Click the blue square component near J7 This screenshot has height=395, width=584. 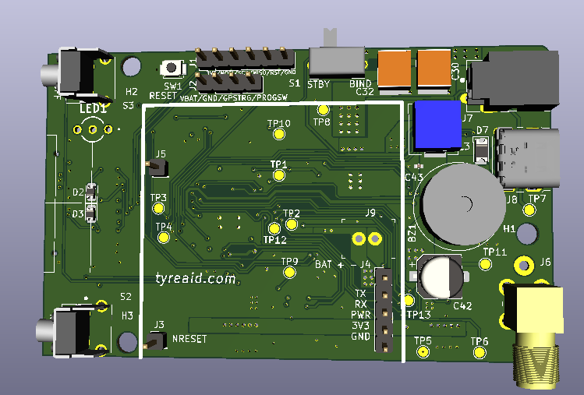(437, 125)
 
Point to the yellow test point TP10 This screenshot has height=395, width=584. (279, 134)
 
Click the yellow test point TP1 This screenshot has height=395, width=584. (279, 176)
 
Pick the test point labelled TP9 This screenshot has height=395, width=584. (289, 273)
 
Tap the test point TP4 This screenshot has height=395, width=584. (164, 238)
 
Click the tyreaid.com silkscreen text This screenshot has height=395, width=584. (195, 278)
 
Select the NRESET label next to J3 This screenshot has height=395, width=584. (189, 339)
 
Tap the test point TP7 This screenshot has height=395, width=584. (536, 210)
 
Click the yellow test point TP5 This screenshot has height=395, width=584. (423, 352)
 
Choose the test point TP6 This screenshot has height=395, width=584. (479, 353)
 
